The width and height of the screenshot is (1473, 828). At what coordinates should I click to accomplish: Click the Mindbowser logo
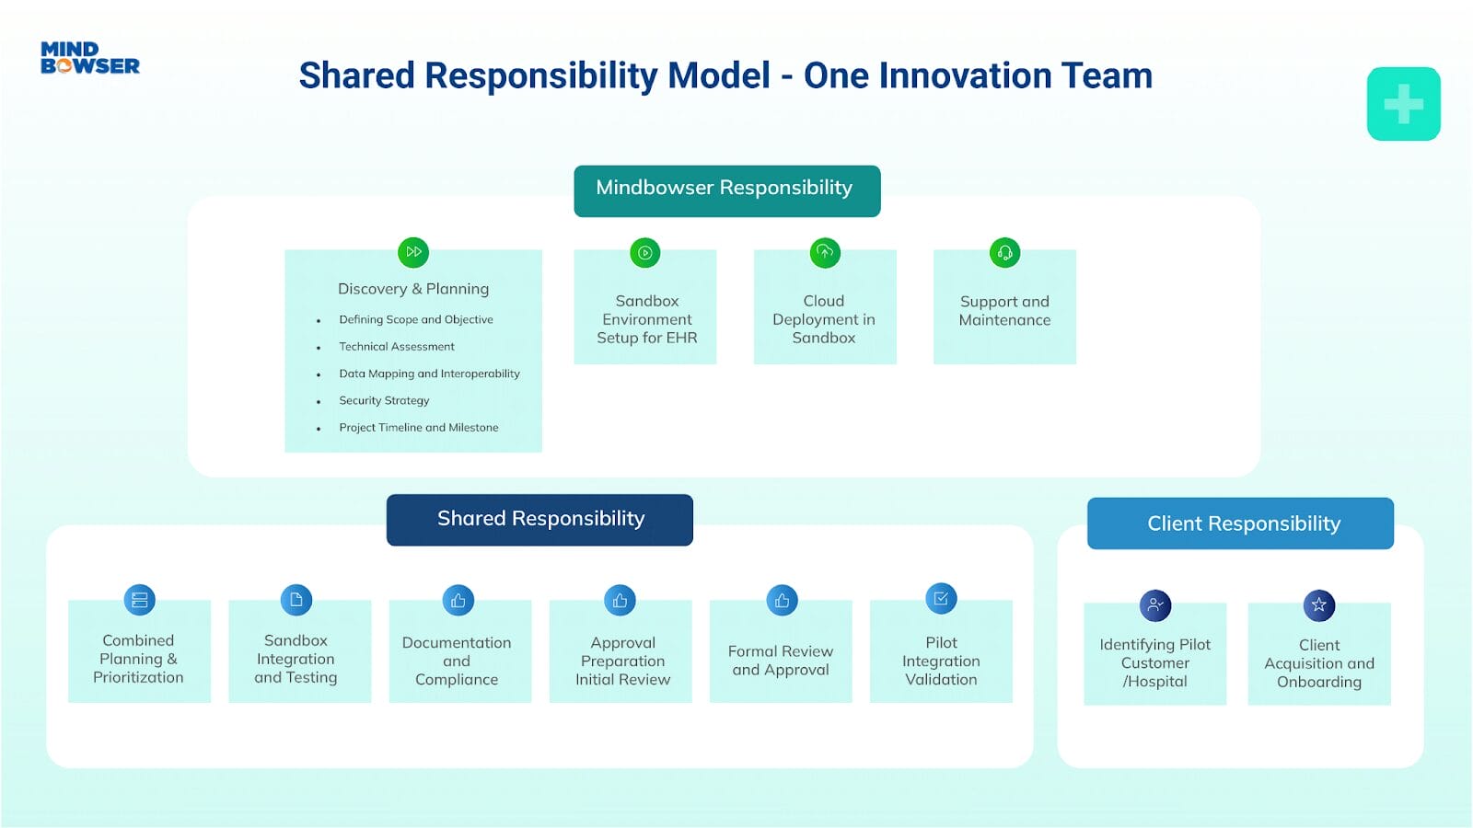click(89, 58)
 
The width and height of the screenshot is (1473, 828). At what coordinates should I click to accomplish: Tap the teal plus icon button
click(1403, 104)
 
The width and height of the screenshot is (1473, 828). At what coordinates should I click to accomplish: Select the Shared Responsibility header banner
click(539, 520)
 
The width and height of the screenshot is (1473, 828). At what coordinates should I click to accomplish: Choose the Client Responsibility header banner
click(1240, 523)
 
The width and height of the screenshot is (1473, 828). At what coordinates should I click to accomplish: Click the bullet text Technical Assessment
click(397, 347)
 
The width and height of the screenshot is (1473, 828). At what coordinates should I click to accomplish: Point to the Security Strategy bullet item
click(384, 400)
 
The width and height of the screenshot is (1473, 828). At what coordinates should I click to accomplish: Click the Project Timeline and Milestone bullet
click(419, 428)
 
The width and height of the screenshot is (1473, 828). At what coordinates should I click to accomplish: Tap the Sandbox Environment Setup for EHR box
click(645, 318)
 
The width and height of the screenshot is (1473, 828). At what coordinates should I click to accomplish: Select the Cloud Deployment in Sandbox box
click(824, 318)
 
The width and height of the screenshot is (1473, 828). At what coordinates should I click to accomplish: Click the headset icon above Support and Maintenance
click(1004, 252)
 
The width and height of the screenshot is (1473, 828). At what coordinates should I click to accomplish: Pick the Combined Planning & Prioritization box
click(139, 658)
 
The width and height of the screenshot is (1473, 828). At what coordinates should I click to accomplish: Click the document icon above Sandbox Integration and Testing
click(296, 600)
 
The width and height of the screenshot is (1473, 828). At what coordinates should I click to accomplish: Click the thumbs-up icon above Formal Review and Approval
click(782, 601)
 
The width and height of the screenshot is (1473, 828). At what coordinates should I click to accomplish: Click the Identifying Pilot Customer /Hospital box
click(1154, 662)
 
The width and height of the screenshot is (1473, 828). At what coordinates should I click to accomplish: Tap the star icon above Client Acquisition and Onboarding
click(1319, 605)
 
